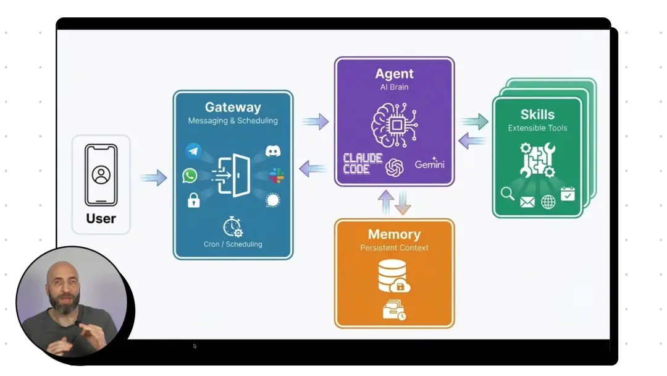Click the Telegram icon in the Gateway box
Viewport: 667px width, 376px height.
[x=194, y=150]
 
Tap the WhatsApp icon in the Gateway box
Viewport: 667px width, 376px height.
[x=190, y=176]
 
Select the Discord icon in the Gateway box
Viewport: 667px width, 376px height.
[x=273, y=151]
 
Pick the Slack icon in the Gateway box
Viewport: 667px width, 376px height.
[x=276, y=176]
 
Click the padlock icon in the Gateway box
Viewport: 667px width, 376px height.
[x=193, y=200]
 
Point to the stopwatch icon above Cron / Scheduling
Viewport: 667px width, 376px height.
[x=233, y=226]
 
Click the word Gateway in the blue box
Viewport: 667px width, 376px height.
[x=233, y=108]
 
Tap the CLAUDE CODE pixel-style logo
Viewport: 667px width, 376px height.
[x=363, y=164]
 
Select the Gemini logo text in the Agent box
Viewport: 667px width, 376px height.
[x=429, y=164]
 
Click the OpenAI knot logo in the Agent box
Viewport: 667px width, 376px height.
[x=395, y=167]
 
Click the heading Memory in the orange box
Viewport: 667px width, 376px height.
[x=394, y=234]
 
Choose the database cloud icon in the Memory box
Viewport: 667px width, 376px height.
[x=394, y=276]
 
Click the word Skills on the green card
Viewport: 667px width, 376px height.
[x=537, y=114]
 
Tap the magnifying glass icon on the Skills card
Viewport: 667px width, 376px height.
[x=508, y=194]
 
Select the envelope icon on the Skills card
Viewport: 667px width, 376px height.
[x=527, y=202]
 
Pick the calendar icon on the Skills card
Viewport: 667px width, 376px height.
[x=568, y=194]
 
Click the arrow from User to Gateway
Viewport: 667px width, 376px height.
[x=153, y=178]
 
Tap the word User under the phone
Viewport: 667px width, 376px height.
[x=101, y=218]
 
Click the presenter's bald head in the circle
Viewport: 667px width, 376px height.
[x=64, y=270]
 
